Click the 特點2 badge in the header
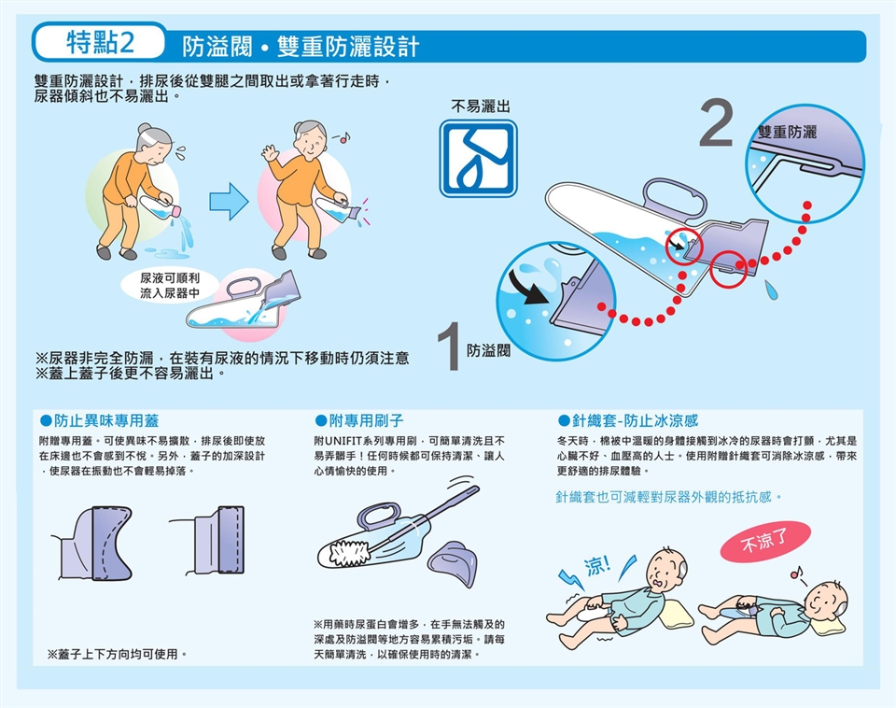[100, 42]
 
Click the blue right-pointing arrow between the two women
[229, 202]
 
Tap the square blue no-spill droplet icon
[478, 159]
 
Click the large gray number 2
[716, 122]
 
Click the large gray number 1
[450, 346]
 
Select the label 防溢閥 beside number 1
[488, 350]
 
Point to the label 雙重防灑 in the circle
[787, 133]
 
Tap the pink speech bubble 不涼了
[765, 541]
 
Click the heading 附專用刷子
[359, 421]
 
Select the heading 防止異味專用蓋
[100, 421]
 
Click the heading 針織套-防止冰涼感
[628, 421]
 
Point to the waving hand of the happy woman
[269, 151]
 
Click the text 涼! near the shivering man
[597, 566]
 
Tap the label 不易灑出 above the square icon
[480, 106]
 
